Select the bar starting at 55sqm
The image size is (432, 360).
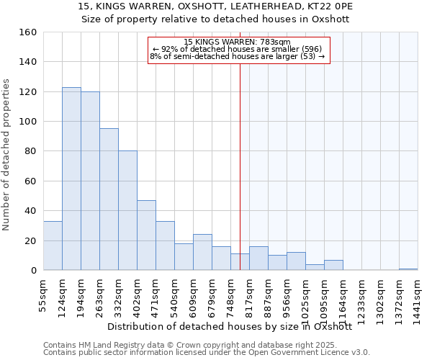(x=53, y=246)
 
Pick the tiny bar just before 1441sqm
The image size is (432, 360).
(x=408, y=269)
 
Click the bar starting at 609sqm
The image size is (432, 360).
(x=202, y=252)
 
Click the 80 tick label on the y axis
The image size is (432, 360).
(x=31, y=152)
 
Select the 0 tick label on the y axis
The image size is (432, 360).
(x=34, y=271)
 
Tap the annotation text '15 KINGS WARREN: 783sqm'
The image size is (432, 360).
(x=237, y=42)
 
